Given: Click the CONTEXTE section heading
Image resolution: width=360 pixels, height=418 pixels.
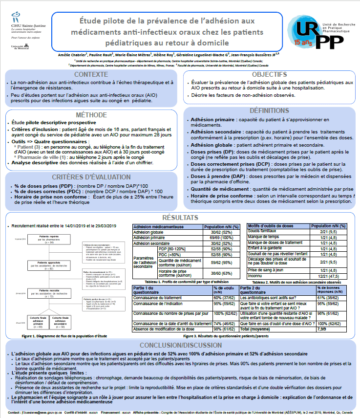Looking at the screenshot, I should (91, 75).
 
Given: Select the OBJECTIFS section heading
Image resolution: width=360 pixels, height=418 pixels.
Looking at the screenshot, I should (269, 75).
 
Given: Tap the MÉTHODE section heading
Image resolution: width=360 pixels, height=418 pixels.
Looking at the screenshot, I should (91, 114).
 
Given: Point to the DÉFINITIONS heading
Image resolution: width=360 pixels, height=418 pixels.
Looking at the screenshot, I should (269, 110).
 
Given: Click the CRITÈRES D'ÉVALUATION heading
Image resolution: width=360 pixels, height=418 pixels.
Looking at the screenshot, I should (91, 176).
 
